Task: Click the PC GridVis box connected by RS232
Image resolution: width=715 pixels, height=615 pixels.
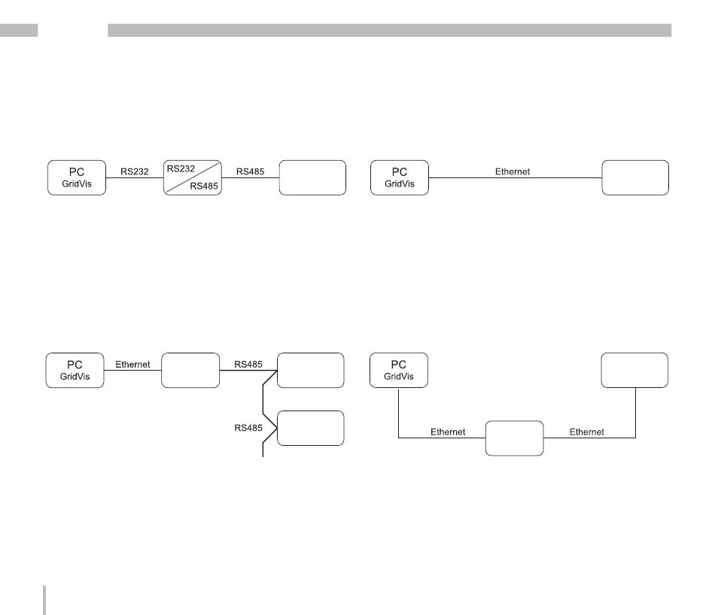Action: pos(76,178)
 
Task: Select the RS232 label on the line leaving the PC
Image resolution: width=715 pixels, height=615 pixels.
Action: pos(135,171)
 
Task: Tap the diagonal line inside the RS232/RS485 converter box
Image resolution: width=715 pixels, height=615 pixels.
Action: pos(193,178)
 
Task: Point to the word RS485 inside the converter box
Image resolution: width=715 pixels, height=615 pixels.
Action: pos(205,186)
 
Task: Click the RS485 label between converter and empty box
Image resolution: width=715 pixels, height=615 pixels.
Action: pos(251,171)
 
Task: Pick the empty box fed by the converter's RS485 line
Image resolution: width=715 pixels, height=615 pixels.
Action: pos(312,178)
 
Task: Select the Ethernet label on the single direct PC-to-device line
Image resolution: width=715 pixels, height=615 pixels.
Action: pos(513,171)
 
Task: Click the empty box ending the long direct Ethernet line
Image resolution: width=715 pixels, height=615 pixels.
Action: pos(635,178)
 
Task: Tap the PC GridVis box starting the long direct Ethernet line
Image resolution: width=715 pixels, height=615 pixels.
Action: pos(400,178)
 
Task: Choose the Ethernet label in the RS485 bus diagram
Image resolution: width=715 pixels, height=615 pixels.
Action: pos(133,364)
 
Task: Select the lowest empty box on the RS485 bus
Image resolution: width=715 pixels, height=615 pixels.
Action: pos(311,429)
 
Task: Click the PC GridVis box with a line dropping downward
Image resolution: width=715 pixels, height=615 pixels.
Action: pos(400,370)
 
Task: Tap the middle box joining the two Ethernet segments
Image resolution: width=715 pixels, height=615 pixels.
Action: pos(514,438)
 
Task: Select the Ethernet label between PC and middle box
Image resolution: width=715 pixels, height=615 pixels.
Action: pos(448,432)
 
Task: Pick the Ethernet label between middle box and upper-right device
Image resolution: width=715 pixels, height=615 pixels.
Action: pos(586,432)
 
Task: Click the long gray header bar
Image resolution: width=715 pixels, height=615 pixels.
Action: pos(389,31)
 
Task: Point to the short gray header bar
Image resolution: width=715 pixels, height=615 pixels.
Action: pos(19,31)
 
